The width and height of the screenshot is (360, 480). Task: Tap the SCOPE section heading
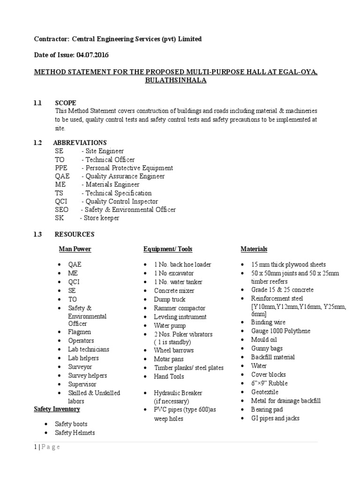click(66, 103)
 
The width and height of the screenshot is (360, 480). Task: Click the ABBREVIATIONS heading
click(80, 142)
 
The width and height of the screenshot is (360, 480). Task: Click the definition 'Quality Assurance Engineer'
click(125, 176)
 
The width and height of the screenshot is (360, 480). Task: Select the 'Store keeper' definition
click(102, 218)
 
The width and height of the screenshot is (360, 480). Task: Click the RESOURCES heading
click(74, 234)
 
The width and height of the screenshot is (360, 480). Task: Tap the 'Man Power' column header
click(75, 249)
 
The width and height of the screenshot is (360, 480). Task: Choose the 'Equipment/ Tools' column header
click(168, 249)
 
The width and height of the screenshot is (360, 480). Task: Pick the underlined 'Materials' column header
click(254, 249)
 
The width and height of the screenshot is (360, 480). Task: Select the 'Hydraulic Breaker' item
click(178, 393)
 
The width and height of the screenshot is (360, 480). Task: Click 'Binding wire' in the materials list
click(268, 322)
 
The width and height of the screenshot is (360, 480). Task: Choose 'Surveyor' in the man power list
click(80, 367)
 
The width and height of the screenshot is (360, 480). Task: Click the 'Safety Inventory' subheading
click(57, 409)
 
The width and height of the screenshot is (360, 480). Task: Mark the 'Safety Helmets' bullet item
click(75, 433)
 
